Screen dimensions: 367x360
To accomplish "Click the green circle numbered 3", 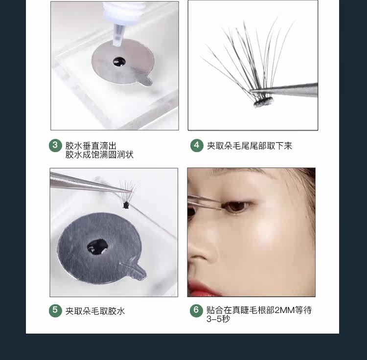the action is tap(55, 145).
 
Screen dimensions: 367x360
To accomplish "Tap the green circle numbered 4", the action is tap(197, 145).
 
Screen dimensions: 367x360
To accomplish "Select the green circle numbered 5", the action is tap(55, 311).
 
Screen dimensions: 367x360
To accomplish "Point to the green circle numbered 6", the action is tap(196, 311).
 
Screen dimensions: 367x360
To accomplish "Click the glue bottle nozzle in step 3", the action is tap(118, 35).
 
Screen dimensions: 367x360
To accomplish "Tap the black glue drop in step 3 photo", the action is tap(119, 62).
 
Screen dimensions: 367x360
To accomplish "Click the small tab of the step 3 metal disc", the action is tap(147, 80).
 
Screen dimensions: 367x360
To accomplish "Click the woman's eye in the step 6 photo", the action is tap(236, 206).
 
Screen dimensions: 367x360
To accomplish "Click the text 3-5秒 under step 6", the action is tap(218, 318).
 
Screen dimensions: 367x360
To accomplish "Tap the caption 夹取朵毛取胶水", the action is tap(95, 311).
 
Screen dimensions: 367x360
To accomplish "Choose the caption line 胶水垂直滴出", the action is tap(91, 146).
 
